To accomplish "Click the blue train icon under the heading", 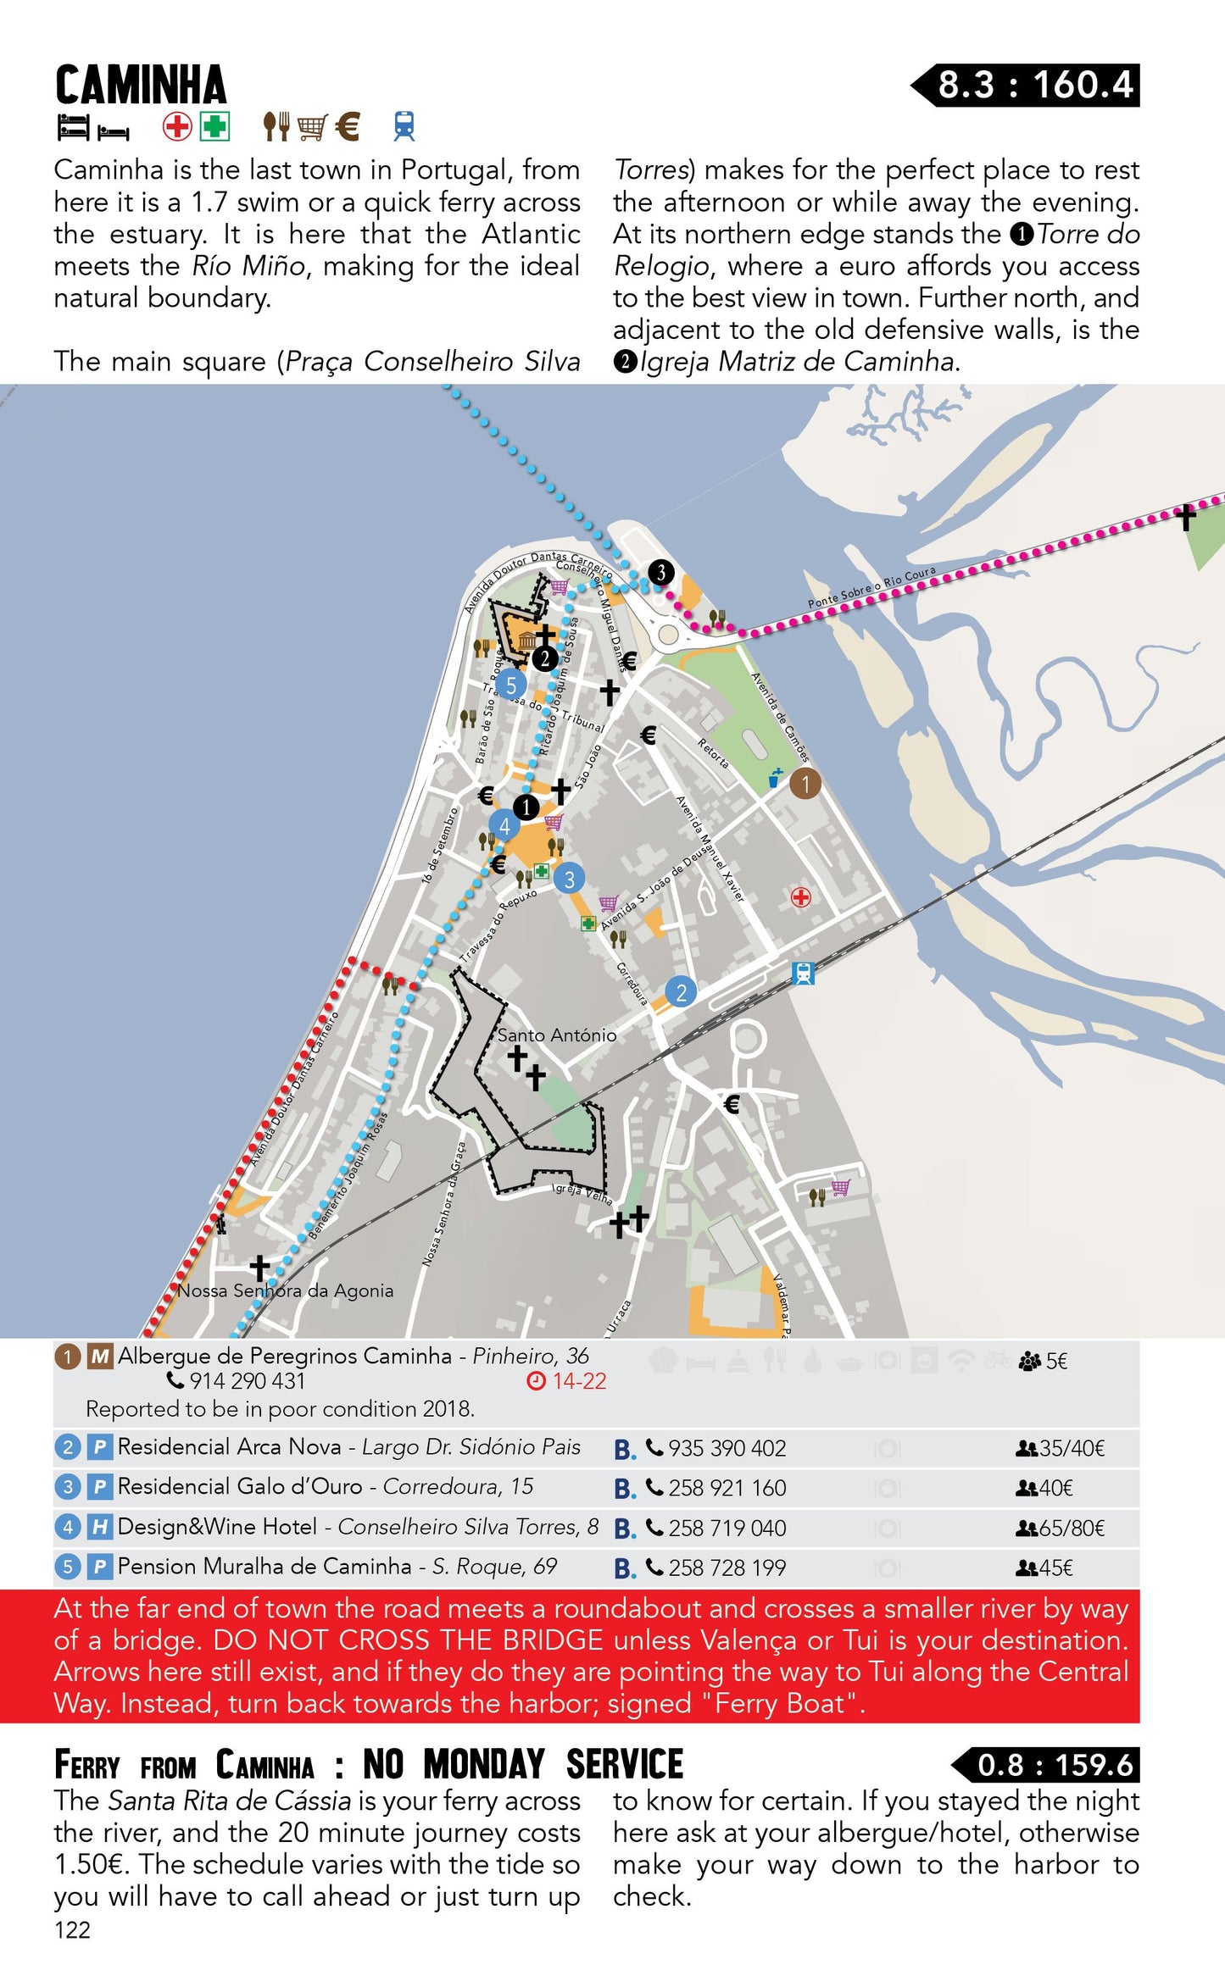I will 404,126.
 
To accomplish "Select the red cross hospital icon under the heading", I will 176,127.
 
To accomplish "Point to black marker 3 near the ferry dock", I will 660,572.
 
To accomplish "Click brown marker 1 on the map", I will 805,784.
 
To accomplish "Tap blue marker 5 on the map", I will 510,685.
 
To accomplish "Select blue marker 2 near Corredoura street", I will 681,992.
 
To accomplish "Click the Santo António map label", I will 557,1035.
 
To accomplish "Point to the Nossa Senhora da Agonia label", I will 286,1290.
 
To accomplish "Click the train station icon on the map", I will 803,974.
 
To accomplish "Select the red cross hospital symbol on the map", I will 800,896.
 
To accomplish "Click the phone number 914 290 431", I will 247,1382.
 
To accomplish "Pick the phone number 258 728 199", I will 727,1568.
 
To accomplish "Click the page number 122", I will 72,1929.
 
